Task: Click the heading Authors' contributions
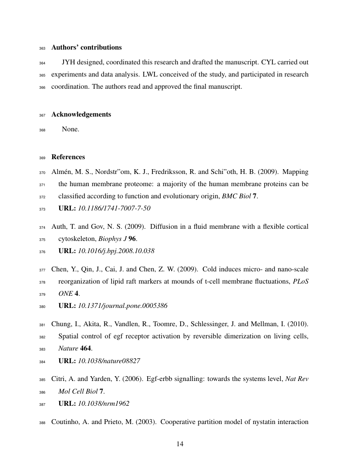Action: pos(86,47)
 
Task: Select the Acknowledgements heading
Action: pos(81,114)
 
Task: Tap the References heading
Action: pos(68,157)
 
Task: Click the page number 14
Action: pos(180,444)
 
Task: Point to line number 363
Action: pos(42,47)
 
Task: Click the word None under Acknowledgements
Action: pos(71,129)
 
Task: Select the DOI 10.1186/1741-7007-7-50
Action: pos(114,208)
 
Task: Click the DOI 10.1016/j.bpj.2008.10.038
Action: pos(116,251)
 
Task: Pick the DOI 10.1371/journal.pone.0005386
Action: pos(122,306)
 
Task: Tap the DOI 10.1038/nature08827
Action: pos(109,361)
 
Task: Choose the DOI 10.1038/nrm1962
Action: pos(103,403)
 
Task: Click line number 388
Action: pos(42,422)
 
